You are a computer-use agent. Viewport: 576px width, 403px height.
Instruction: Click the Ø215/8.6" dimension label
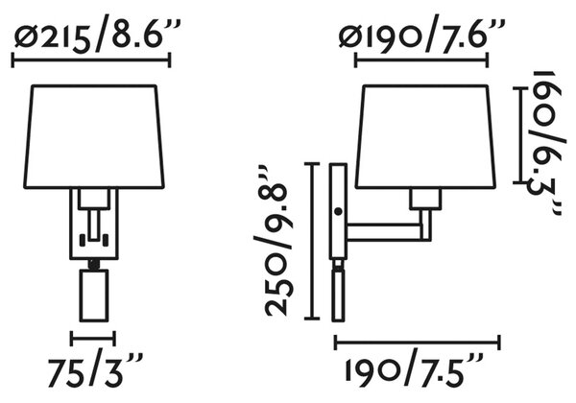click(97, 36)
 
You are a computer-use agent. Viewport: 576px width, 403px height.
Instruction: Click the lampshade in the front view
click(94, 136)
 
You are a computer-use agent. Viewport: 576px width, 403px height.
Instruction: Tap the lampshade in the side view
click(425, 136)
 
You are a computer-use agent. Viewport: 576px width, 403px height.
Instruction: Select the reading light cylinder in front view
click(94, 296)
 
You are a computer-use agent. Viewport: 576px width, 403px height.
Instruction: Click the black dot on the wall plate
click(338, 211)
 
